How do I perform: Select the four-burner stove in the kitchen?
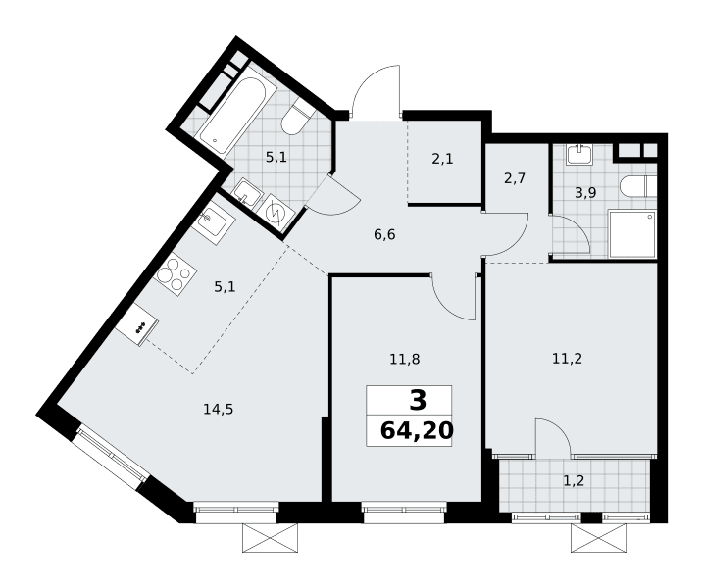tap(175, 273)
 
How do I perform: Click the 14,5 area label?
tap(219, 409)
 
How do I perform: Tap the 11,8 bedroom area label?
tap(404, 359)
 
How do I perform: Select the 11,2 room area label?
tap(567, 358)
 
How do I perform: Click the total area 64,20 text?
tap(417, 431)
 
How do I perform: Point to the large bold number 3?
tap(418, 400)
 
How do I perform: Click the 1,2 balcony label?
tap(574, 481)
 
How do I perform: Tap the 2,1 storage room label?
tap(442, 158)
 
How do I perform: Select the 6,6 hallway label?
tap(384, 234)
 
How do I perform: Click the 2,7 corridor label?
tap(514, 178)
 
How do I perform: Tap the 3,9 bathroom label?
tap(585, 193)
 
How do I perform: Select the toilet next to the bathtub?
tap(296, 118)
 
